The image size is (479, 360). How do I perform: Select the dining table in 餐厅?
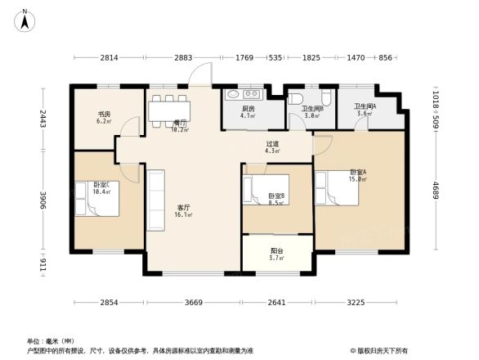click(169, 106)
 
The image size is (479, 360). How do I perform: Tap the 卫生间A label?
click(364, 110)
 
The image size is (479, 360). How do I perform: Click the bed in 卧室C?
click(96, 200)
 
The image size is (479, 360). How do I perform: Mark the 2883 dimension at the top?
click(183, 58)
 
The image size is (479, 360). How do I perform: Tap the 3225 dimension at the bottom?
click(355, 303)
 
